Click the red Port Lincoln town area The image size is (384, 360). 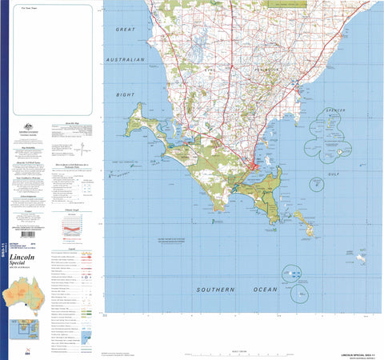pos(255,167)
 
